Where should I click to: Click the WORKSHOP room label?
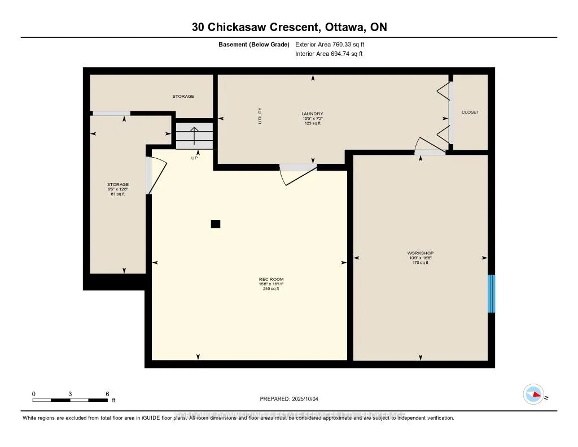421,253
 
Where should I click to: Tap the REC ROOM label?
271,279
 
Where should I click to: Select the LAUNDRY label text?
312,114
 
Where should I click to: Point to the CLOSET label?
470,112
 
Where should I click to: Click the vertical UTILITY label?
260,116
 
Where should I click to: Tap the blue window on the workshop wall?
491,293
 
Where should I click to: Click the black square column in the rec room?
215,224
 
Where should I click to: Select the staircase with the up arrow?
194,137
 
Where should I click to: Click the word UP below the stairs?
194,158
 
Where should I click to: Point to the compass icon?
533,393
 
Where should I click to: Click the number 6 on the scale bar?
107,393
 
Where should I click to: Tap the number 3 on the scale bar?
70,393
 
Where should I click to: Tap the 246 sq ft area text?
271,289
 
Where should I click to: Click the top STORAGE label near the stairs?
183,96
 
